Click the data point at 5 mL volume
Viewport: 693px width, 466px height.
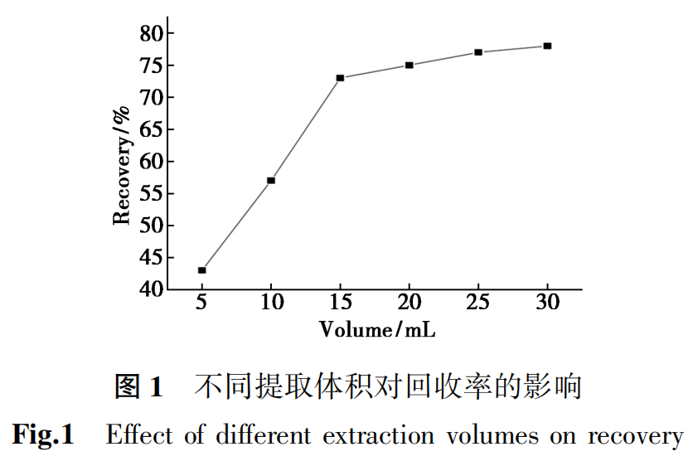201,270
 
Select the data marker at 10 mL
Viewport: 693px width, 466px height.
271,180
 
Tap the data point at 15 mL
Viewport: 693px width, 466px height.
340,78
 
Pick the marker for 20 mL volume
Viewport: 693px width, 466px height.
409,65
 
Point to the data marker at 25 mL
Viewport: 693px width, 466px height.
478,52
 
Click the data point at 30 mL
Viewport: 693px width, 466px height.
547,46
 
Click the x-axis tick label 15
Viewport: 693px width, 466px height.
340,303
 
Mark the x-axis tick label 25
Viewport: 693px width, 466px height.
478,303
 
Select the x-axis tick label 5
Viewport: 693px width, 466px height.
201,303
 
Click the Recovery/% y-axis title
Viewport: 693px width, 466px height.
123,166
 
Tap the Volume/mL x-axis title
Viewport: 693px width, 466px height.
377,329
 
